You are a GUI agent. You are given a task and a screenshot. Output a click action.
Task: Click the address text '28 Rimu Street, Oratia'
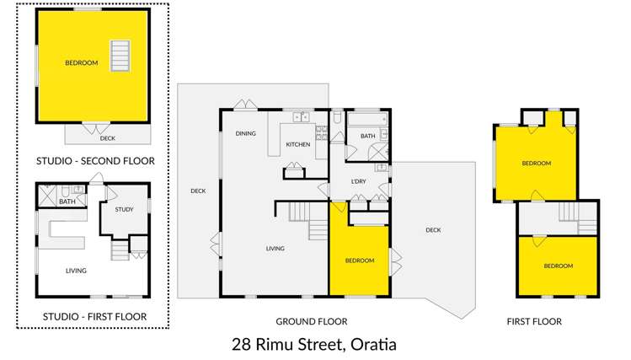(x=313, y=344)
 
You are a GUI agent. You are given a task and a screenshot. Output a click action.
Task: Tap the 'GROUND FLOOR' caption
(x=311, y=321)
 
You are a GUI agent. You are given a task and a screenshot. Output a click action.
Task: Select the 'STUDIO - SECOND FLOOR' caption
(x=95, y=160)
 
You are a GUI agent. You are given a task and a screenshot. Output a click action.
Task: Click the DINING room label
(x=245, y=133)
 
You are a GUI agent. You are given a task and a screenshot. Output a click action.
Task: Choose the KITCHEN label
(x=297, y=145)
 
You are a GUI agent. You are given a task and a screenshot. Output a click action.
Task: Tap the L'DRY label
(x=358, y=182)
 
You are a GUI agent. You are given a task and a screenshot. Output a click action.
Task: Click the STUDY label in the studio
(x=124, y=209)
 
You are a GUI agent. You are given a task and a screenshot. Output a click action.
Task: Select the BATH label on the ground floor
(x=368, y=136)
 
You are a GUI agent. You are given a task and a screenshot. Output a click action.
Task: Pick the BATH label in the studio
(x=67, y=201)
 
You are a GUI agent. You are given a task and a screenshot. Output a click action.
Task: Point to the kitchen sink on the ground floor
(x=299, y=116)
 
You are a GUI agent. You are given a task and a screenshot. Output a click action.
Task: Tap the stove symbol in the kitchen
(x=321, y=132)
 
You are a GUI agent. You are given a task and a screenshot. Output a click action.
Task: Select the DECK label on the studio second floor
(x=107, y=138)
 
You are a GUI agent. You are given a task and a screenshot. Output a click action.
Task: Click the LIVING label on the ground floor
(x=275, y=249)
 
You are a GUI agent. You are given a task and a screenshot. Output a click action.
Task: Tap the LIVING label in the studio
(x=76, y=271)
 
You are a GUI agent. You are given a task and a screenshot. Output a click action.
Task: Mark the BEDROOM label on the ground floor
(x=360, y=261)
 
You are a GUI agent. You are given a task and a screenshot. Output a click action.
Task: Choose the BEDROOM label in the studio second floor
(x=82, y=63)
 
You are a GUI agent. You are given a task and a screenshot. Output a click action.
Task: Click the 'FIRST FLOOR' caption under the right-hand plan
(x=534, y=321)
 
